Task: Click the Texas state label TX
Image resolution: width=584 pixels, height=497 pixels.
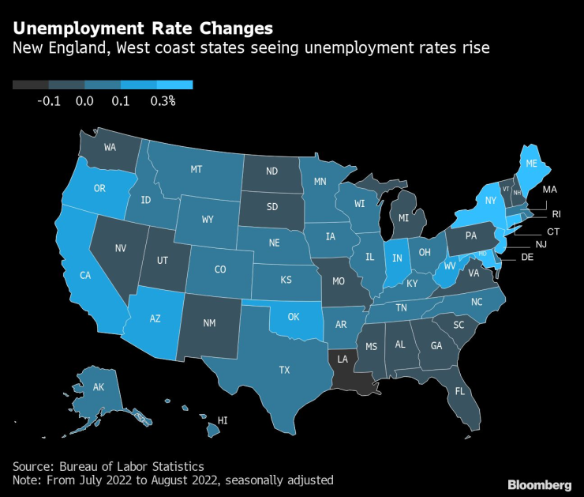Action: click(285, 370)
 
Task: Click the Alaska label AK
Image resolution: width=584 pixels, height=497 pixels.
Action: click(99, 387)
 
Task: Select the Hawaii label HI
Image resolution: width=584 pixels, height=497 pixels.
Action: click(223, 422)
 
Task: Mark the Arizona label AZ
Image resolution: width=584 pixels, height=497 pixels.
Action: click(156, 319)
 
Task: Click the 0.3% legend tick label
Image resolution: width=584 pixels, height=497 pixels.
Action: click(163, 101)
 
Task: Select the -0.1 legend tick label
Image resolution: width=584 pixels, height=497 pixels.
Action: click(49, 101)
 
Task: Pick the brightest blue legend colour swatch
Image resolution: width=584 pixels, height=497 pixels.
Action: click(174, 85)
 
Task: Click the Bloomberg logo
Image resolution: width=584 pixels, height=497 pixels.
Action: click(537, 484)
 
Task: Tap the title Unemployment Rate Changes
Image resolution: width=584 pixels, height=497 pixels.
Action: click(143, 28)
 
